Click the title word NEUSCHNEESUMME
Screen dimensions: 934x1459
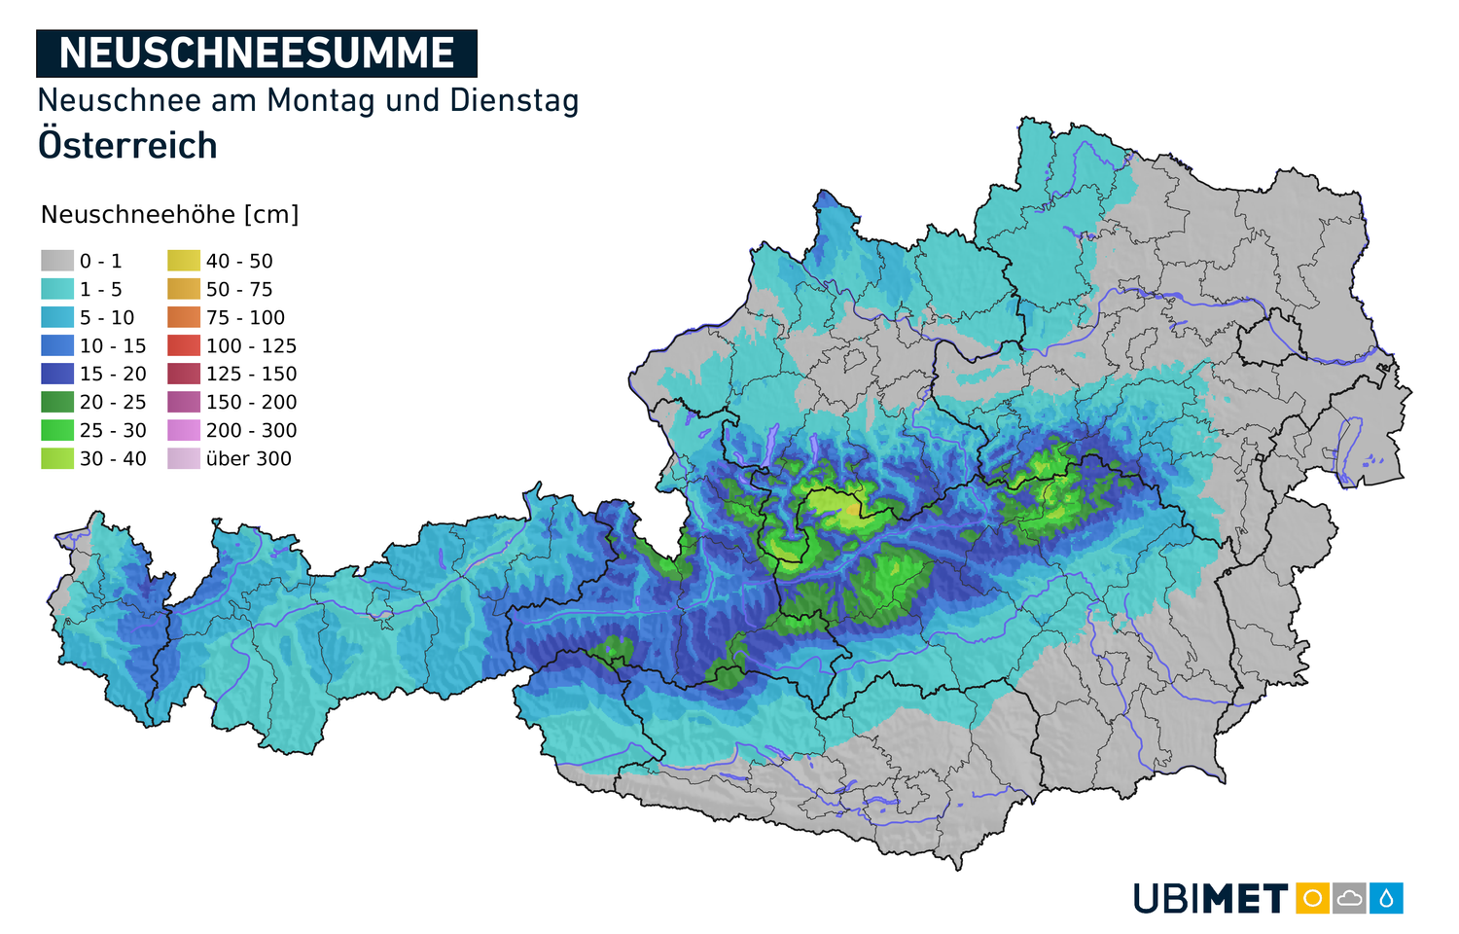[x=257, y=54]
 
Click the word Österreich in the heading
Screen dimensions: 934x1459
[x=127, y=146]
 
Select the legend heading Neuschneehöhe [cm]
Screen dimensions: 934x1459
[x=169, y=215]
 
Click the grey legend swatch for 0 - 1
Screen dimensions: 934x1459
[x=57, y=261]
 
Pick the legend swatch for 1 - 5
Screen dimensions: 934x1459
[x=57, y=289]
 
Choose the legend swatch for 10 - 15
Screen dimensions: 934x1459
[x=57, y=345]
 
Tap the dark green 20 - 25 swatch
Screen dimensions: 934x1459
[x=57, y=402]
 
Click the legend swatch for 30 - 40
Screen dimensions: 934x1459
[x=57, y=458]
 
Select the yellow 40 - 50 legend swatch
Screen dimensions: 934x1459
[x=184, y=261]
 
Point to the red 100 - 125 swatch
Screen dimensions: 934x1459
[x=184, y=345]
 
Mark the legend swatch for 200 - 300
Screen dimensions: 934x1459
[x=184, y=430]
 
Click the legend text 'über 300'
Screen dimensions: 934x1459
[x=249, y=459]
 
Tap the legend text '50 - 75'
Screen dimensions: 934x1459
[x=239, y=290]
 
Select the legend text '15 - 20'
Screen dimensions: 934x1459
[x=113, y=375]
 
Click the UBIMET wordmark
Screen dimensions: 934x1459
[x=1211, y=899]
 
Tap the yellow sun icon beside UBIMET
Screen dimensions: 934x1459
[x=1312, y=898]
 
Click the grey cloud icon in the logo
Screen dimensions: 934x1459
[x=1349, y=898]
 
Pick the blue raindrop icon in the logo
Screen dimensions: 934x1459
[x=1386, y=898]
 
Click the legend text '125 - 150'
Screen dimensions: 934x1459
[x=251, y=375]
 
